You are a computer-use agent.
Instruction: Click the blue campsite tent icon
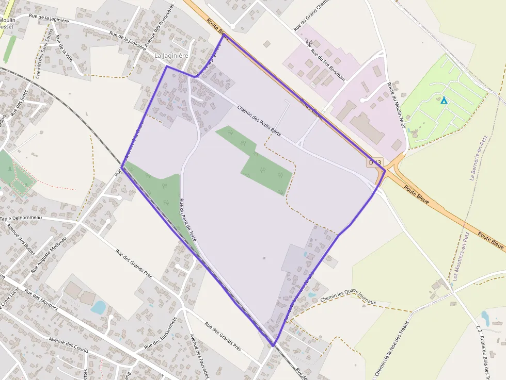click(444, 100)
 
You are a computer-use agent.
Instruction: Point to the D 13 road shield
click(375, 162)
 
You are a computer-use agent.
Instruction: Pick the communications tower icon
click(309, 43)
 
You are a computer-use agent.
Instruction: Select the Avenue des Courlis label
click(69, 346)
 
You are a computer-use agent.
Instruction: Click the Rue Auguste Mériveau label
click(49, 255)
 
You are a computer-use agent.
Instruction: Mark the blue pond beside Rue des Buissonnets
click(98, 307)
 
